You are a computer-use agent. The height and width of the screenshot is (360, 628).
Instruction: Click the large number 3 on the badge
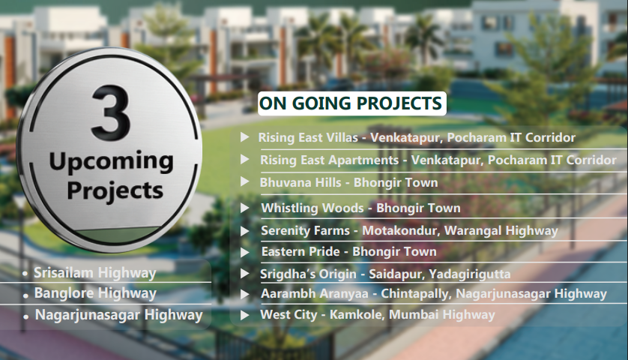click(x=111, y=113)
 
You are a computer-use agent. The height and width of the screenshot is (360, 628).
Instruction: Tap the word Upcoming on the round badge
click(x=112, y=162)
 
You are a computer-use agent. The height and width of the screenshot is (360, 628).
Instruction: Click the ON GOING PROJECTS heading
click(x=351, y=103)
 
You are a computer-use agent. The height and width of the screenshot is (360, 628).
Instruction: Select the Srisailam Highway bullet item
click(x=95, y=272)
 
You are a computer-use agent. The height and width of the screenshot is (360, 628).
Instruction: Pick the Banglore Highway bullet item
click(x=95, y=293)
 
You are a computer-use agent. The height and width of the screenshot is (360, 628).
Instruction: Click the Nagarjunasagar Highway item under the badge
click(x=119, y=315)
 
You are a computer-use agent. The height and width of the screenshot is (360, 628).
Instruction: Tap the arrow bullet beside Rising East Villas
click(x=245, y=137)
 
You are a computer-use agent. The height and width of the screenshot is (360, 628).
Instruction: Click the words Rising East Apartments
click(x=329, y=160)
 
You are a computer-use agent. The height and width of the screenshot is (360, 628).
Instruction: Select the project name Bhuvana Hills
click(x=300, y=182)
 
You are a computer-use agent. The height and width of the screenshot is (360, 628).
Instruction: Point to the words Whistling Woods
click(x=313, y=208)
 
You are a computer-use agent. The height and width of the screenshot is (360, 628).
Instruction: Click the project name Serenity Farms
click(x=305, y=230)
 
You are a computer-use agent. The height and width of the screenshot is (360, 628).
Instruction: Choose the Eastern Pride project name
click(x=301, y=251)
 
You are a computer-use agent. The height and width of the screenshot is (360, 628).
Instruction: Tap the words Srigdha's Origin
click(x=308, y=274)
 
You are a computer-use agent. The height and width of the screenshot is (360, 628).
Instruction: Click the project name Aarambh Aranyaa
click(x=315, y=293)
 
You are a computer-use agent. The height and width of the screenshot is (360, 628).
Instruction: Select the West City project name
click(x=289, y=314)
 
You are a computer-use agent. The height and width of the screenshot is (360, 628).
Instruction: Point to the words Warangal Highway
click(x=501, y=230)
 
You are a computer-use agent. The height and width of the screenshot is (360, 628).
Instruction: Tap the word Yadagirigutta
click(x=469, y=274)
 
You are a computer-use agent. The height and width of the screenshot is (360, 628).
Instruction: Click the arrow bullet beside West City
click(x=245, y=315)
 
